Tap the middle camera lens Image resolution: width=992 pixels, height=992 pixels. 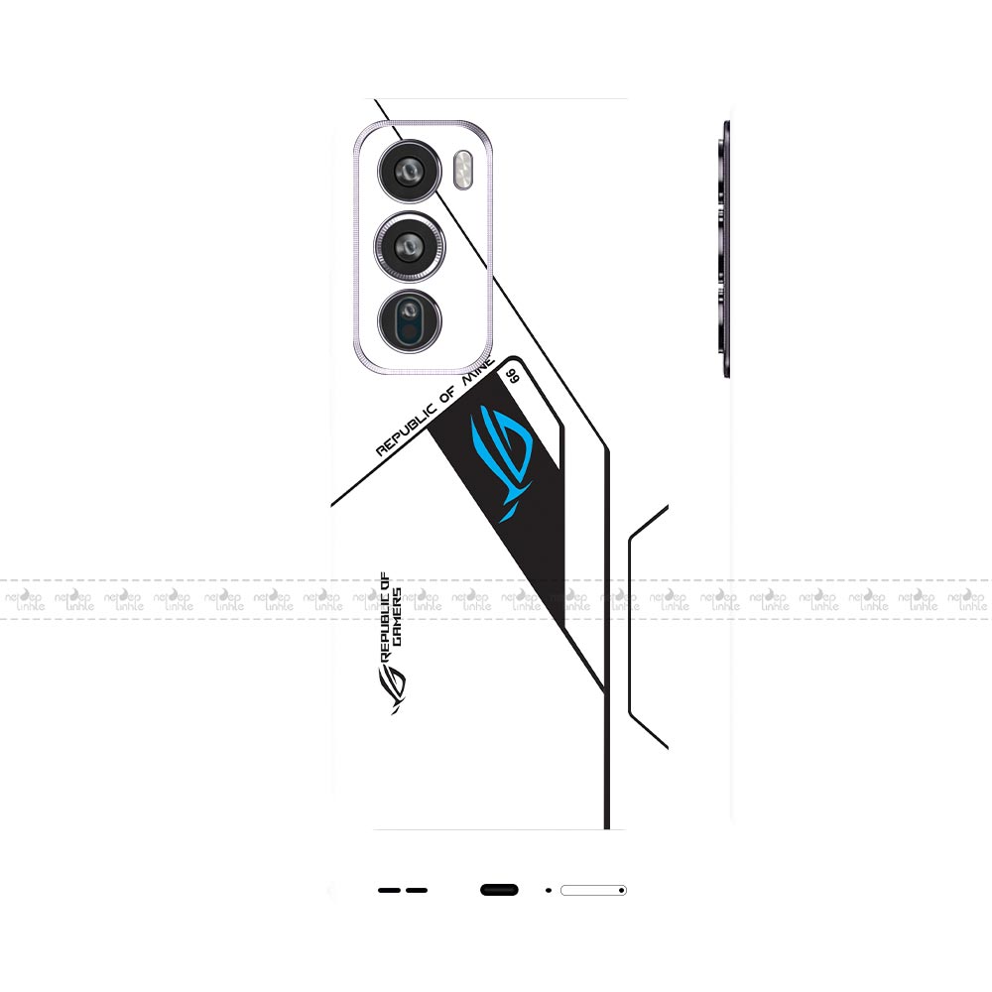pos(409,244)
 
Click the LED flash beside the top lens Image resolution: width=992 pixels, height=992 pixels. pos(461,170)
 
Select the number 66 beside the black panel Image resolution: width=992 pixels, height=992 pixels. pos(513,375)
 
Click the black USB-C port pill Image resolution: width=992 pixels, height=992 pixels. pos(499,890)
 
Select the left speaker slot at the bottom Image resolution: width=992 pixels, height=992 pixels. pos(388,890)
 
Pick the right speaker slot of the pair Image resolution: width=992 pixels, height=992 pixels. pos(417,890)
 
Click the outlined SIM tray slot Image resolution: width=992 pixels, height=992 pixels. pos(592,890)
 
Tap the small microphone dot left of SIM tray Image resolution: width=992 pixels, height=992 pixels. pos(549,890)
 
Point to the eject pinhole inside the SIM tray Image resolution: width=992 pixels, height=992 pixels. pos(621,890)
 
